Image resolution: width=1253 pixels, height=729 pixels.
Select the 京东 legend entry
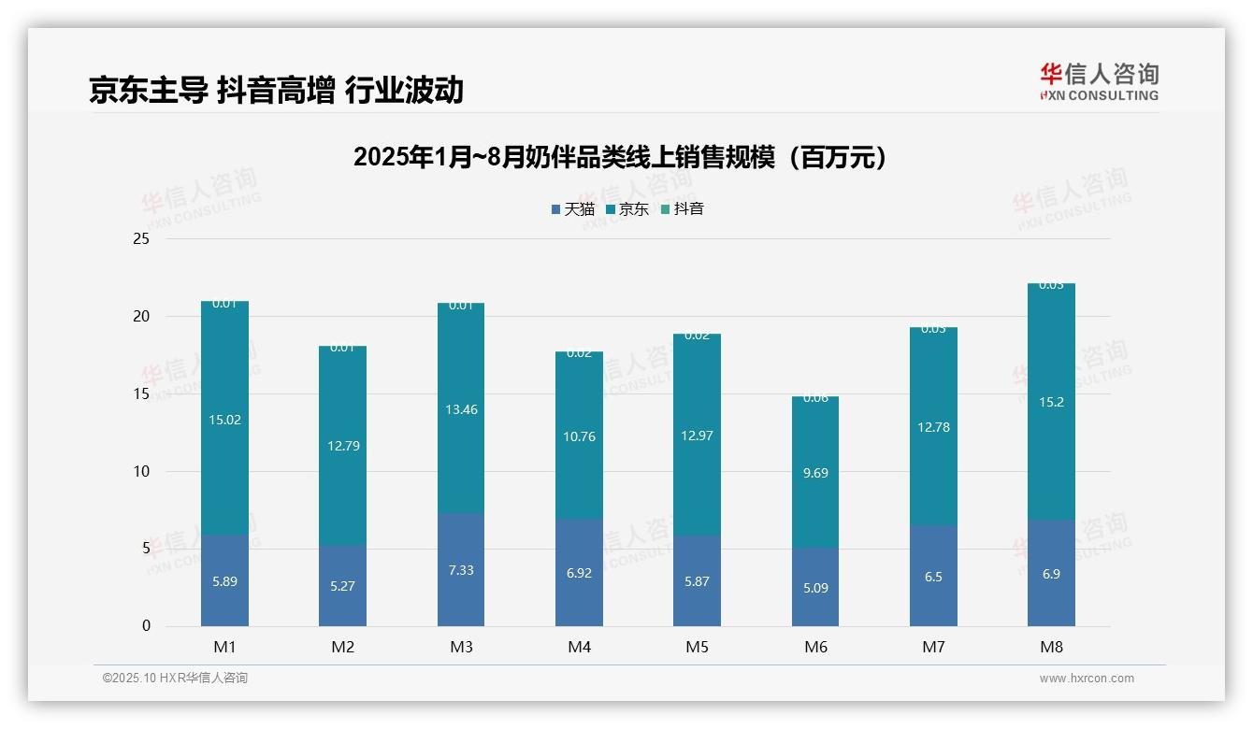point(628,209)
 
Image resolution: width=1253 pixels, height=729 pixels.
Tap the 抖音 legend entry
point(684,209)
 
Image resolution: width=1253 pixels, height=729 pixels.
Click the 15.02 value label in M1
point(224,420)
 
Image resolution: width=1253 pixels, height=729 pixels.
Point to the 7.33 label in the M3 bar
point(461,570)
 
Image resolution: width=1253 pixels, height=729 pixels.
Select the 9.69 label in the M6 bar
point(815,473)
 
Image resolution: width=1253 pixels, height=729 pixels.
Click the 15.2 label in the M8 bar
point(1051,402)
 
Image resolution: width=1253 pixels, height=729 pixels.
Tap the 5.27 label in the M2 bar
point(342,587)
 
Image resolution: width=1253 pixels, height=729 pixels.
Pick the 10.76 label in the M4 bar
point(579,436)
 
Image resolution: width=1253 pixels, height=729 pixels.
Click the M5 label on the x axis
point(697,647)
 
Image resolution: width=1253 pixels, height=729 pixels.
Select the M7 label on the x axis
point(933,647)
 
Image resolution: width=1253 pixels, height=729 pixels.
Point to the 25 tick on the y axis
point(141,239)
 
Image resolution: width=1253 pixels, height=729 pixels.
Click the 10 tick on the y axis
point(141,471)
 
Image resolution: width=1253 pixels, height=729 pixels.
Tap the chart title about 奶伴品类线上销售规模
point(620,157)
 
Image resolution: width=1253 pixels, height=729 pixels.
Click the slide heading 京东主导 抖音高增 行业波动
point(276,91)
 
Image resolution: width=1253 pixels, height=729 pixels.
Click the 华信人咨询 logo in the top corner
point(1099,81)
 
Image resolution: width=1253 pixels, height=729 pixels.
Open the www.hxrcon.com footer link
point(1087,679)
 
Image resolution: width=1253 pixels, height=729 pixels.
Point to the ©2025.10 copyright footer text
point(175,679)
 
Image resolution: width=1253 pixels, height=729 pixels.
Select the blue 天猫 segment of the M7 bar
point(933,598)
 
